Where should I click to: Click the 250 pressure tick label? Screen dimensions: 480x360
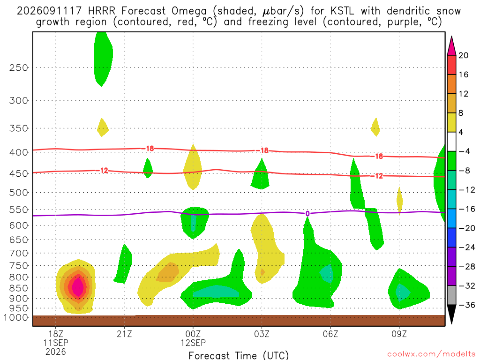pos(19,67)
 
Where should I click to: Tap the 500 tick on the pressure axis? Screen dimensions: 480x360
pos(19,193)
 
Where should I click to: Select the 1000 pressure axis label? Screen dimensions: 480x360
pos(16,317)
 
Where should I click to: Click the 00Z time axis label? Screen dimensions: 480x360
pos(193,334)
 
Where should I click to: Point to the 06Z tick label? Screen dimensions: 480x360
pos(330,334)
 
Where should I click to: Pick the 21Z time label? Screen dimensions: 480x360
pos(124,334)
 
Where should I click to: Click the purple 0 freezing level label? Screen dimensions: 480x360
pos(307,214)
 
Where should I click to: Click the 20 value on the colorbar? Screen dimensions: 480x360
pos(464,55)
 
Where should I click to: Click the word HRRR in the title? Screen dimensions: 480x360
pos(102,11)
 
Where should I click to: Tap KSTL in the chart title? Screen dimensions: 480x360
pos(342,11)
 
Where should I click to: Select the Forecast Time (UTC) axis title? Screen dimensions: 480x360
pos(239,355)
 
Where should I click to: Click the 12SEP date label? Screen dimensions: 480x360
pos(193,343)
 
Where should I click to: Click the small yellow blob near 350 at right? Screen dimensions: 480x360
pos(375,127)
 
